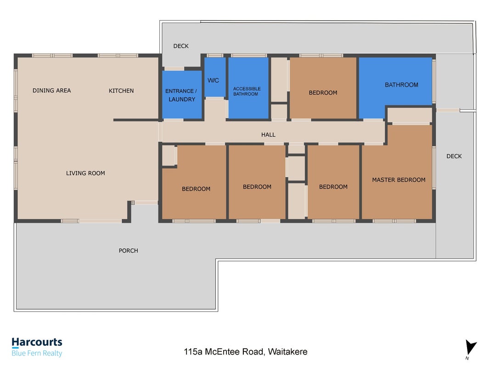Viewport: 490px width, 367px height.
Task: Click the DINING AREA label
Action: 51,90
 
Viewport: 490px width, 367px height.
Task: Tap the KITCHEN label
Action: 121,91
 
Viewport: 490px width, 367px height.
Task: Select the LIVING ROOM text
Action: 85,173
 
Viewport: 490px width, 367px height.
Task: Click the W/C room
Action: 215,78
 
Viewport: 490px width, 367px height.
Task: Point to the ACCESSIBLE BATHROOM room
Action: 248,88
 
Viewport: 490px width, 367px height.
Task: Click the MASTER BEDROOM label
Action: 399,180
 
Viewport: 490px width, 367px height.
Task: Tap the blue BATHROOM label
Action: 401,85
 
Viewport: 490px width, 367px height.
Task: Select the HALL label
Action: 268,135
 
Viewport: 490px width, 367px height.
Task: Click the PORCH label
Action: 128,250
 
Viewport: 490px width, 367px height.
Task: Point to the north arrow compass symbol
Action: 471,348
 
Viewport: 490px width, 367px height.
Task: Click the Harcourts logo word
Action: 37,342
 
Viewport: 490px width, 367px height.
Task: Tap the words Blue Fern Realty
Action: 37,353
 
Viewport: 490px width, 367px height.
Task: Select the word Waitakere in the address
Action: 287,352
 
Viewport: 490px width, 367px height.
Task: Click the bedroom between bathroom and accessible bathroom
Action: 323,88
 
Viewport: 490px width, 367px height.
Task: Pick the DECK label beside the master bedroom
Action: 454,156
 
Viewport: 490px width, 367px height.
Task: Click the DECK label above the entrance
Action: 181,46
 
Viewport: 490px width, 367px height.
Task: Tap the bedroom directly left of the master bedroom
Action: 333,182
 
